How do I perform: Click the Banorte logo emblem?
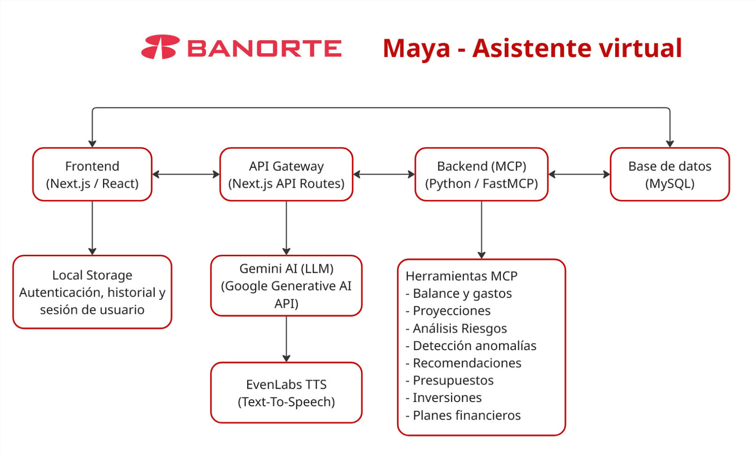point(160,47)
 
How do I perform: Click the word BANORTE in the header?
point(264,48)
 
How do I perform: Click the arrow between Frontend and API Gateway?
point(186,174)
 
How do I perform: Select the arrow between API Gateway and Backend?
point(384,174)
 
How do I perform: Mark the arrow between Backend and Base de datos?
point(579,174)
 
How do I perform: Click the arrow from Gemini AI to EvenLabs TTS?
point(286,339)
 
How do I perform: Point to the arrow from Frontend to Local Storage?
point(92,228)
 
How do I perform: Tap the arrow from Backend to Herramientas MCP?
point(481,230)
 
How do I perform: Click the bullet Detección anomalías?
point(471,345)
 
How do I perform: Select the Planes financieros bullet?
point(463,415)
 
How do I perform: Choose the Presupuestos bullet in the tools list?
point(449,381)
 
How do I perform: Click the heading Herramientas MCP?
point(461,276)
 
